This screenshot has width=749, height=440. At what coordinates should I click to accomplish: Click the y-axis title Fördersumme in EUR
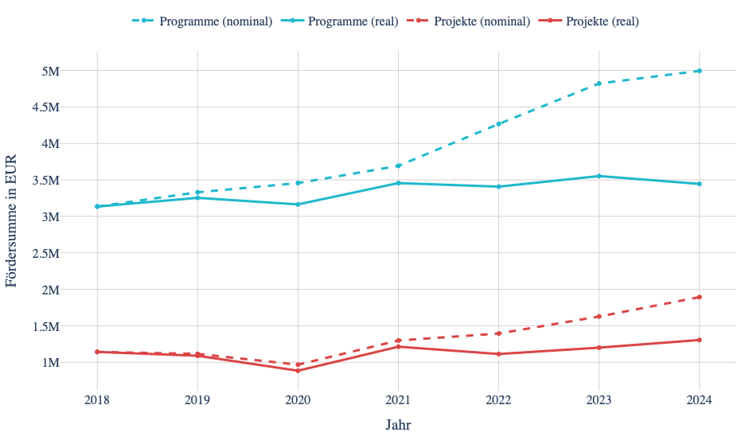pos(12,217)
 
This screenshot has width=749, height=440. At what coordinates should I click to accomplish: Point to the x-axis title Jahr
pos(398,424)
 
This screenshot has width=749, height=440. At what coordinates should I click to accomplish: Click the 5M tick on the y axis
pos(51,71)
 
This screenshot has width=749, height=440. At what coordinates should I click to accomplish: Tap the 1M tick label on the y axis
pos(51,363)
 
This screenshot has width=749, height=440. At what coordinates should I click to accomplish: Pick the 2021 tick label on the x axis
pos(398,399)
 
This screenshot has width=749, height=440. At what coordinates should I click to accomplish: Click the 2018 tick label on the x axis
pos(97,399)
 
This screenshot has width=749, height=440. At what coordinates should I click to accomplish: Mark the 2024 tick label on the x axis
pos(699,399)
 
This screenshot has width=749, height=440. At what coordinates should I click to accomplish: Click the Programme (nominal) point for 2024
pos(699,71)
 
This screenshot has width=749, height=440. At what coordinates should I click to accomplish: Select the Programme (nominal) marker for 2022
pos(498,124)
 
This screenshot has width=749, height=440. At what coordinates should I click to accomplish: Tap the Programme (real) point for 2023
pos(599,176)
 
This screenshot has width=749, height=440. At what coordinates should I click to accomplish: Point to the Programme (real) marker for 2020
pos(298,204)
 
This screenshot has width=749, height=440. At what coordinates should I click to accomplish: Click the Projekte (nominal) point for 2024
pos(699,297)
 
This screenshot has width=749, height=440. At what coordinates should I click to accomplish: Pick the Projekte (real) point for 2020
pos(298,371)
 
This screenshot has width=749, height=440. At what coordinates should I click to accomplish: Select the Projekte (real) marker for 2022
pos(498,354)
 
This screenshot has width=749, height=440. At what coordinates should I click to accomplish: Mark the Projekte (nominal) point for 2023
pos(599,317)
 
